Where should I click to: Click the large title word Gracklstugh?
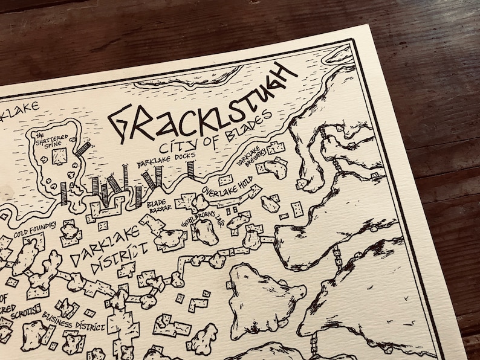tap(203, 106)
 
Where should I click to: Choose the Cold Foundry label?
tap(36, 226)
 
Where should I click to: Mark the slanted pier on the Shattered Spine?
tap(83, 147)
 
